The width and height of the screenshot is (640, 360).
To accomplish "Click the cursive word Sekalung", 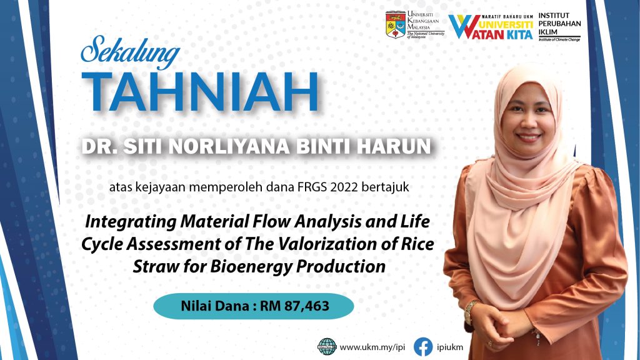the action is pyautogui.click(x=130, y=52).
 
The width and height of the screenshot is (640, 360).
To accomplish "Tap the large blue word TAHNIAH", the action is pyautogui.click(x=200, y=92).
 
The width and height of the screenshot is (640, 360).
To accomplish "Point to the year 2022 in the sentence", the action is pyautogui.click(x=344, y=187).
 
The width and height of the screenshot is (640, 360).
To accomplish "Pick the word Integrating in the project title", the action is pyautogui.click(x=131, y=222).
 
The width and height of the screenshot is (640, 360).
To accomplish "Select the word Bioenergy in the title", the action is pyautogui.click(x=251, y=267).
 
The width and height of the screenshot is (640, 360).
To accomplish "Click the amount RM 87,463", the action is pyautogui.click(x=295, y=306).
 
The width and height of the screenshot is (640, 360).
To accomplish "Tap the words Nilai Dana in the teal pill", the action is pyautogui.click(x=216, y=306).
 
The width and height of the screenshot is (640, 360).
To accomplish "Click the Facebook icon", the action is pyautogui.click(x=423, y=347).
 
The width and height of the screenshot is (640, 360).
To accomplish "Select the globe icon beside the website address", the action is pyautogui.click(x=327, y=347).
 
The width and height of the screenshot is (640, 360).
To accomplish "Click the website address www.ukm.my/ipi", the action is pyautogui.click(x=372, y=347).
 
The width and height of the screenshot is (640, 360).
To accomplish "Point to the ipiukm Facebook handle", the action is pyautogui.click(x=450, y=347).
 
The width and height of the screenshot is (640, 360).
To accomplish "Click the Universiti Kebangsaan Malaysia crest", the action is pyautogui.click(x=396, y=25).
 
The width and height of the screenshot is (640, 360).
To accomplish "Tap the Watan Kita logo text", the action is pyautogui.click(x=491, y=27).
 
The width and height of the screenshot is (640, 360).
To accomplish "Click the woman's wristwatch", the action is pyautogui.click(x=470, y=311).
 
